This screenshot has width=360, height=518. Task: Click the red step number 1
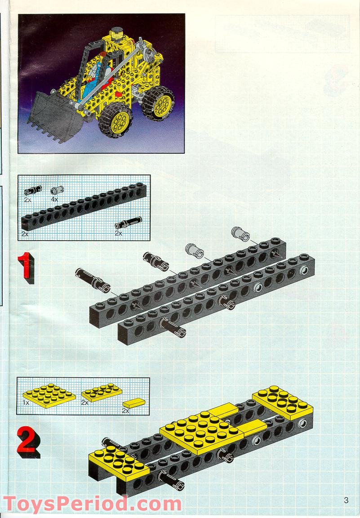25,268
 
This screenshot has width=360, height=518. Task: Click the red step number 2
27,441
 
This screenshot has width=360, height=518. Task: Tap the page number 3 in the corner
346,500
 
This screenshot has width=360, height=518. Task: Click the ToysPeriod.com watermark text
92,504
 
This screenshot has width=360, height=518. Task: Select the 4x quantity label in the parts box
54,199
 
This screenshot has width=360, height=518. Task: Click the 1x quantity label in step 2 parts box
26,402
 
